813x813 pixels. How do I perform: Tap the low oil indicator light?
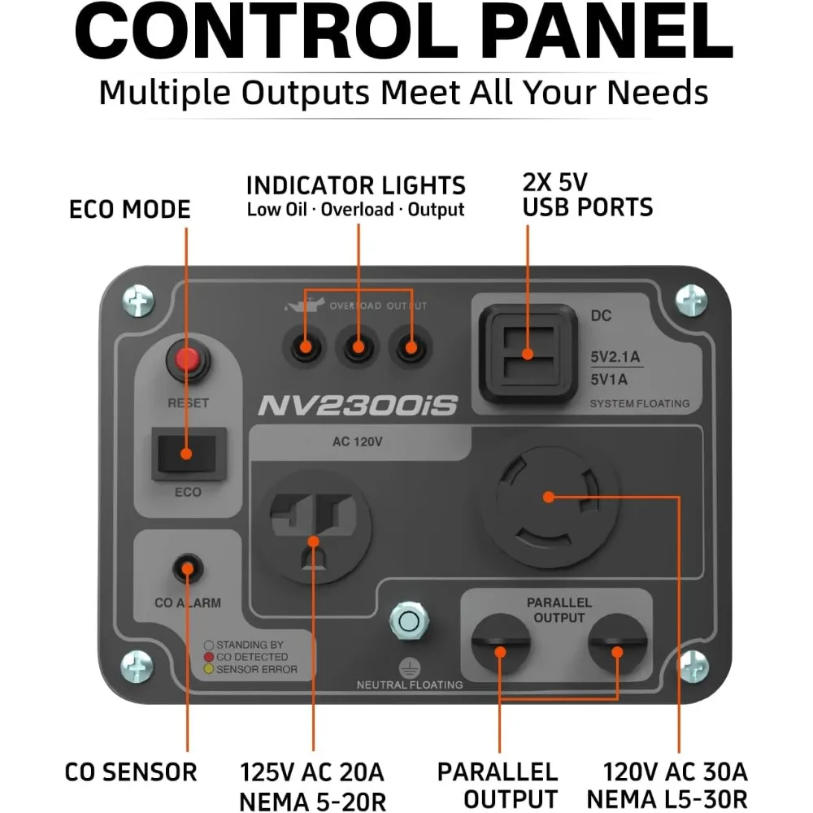pyautogui.click(x=304, y=348)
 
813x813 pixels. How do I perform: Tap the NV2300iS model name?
pyautogui.click(x=358, y=405)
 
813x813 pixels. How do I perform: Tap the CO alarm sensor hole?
pyautogui.click(x=188, y=568)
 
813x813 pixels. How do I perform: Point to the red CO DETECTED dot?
pyautogui.click(x=209, y=657)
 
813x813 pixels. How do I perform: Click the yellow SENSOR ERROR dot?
pyautogui.click(x=209, y=670)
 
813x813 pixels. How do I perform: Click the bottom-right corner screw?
pyautogui.click(x=692, y=664)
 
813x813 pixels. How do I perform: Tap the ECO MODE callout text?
pyautogui.click(x=129, y=210)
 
